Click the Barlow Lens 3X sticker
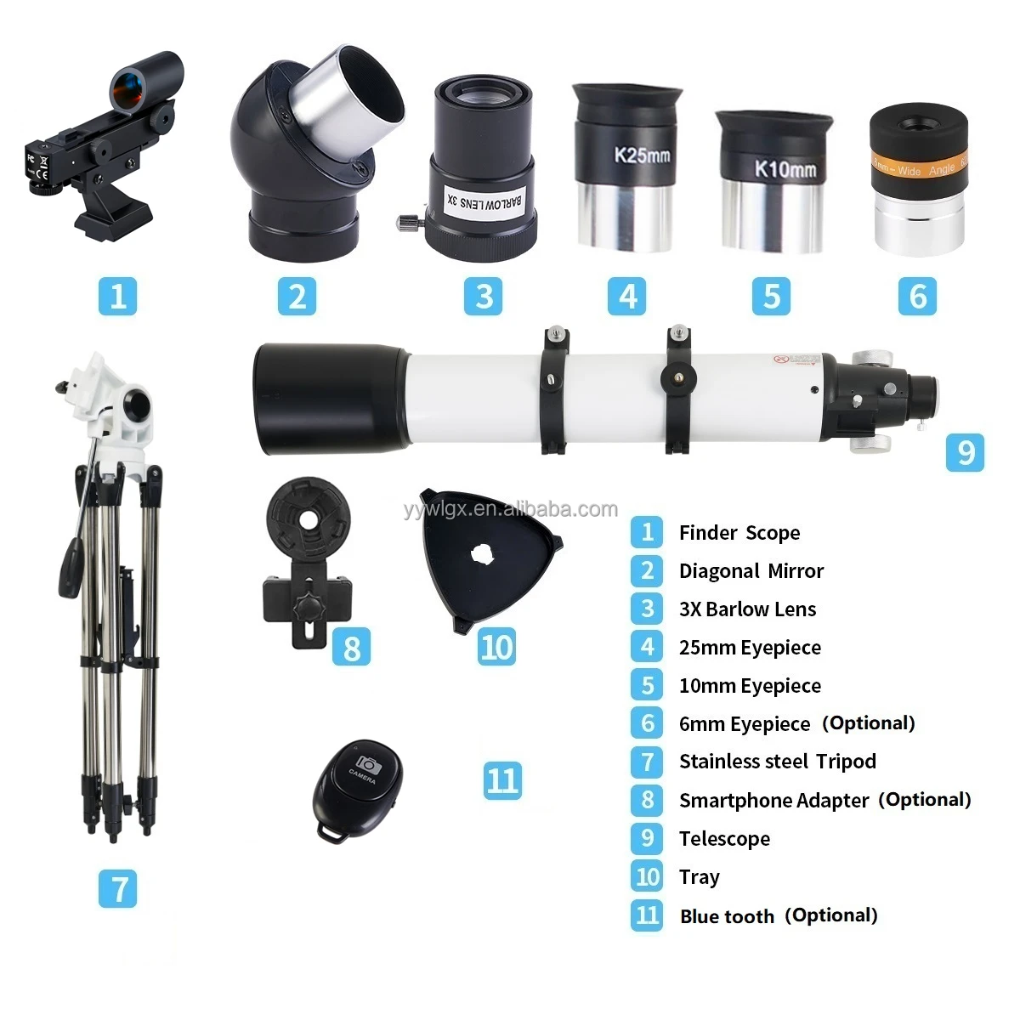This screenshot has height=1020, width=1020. [484, 202]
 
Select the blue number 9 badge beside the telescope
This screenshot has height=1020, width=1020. [965, 451]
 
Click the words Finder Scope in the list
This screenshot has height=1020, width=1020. [739, 533]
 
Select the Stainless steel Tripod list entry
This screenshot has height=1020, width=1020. [777, 762]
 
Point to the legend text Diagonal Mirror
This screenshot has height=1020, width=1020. [751, 571]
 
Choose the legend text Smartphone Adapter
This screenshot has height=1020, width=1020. [773, 800]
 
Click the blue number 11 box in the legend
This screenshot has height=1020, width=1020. [647, 915]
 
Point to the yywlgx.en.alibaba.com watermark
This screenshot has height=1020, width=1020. [511, 509]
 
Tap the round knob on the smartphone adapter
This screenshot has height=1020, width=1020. [305, 609]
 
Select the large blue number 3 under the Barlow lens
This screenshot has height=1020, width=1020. [484, 296]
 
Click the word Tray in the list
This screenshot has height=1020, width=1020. [699, 876]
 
